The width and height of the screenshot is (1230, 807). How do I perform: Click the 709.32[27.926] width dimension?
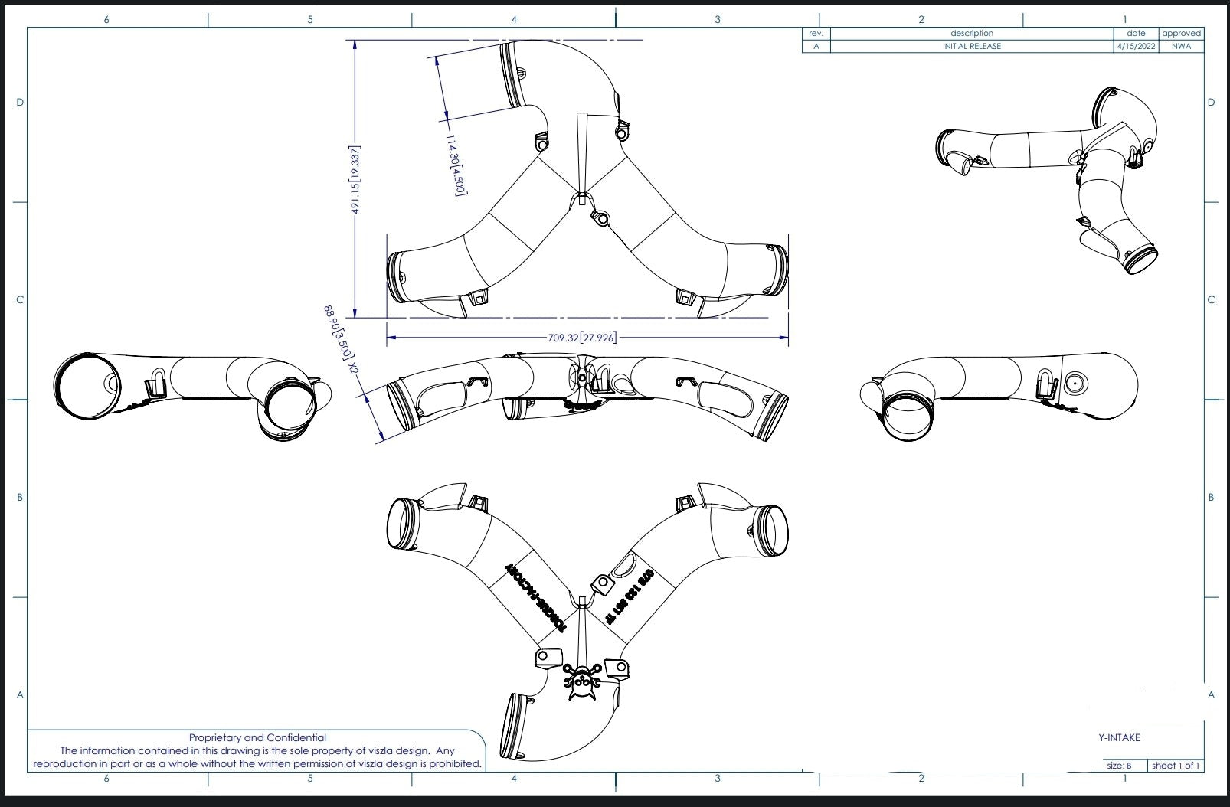tap(582, 337)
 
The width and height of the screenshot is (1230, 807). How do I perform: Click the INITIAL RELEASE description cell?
tap(971, 46)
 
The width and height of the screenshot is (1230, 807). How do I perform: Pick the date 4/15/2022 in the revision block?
tap(1136, 46)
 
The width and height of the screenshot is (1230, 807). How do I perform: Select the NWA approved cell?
tap(1180, 46)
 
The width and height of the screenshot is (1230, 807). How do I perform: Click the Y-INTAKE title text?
tap(1119, 737)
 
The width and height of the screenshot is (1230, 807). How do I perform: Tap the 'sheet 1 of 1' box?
tap(1176, 765)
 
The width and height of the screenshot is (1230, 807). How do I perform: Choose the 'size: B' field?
tap(1124, 765)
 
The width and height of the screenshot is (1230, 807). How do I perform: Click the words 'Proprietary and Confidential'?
tap(257, 737)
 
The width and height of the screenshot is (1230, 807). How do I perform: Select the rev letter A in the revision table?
tap(816, 46)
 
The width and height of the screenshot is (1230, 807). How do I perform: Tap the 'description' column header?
tap(971, 33)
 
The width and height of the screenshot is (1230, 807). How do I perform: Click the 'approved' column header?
tap(1180, 33)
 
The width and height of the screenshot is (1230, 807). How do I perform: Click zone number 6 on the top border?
tap(106, 19)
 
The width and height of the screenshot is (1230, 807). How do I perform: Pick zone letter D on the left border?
tap(20, 103)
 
